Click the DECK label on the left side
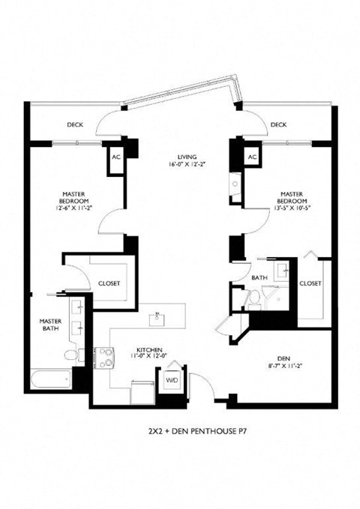pyautogui.click(x=74, y=124)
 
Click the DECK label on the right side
pyautogui.click(x=278, y=124)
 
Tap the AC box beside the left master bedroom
pyautogui.click(x=115, y=158)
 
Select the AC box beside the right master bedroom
pyautogui.click(x=252, y=157)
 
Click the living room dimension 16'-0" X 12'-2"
pyautogui.click(x=177, y=166)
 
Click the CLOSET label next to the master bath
pyautogui.click(x=109, y=283)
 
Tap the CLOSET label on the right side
pyautogui.click(x=310, y=283)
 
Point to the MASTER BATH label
pyautogui.click(x=50, y=325)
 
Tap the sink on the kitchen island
pyautogui.click(x=158, y=318)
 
